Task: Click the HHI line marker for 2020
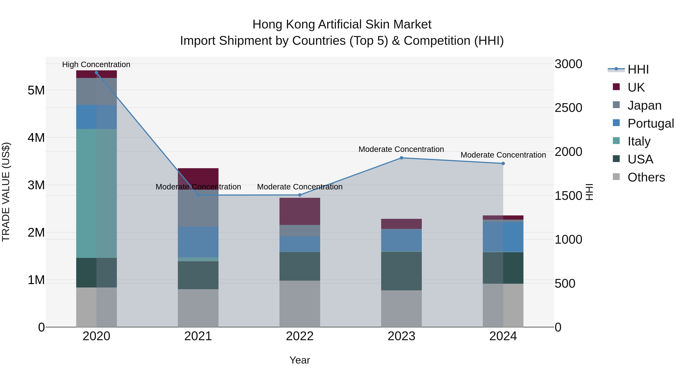96,73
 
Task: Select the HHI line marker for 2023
401,158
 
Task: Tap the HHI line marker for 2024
503,163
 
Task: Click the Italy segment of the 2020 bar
96,193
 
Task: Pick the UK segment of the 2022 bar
300,211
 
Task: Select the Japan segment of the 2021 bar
198,208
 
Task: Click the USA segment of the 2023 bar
401,271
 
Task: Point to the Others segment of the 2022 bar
300,304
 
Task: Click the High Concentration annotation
96,64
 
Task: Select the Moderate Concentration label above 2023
401,149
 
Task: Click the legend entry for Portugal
651,123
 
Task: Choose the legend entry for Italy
639,141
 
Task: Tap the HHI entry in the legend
638,69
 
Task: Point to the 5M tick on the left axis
36,90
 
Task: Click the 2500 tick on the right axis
568,108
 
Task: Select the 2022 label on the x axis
300,336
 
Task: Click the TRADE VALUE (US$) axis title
6,192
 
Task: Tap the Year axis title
300,360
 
